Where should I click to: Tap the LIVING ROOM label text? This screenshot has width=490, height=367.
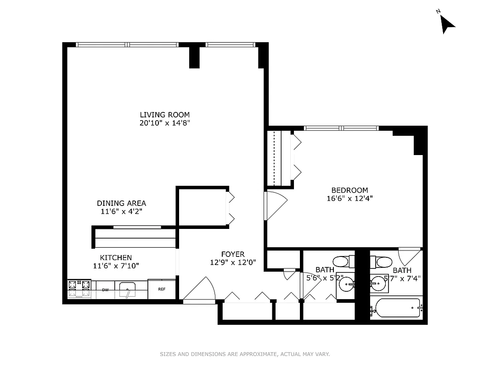point(164,115)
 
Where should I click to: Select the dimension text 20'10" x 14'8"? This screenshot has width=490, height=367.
point(164,123)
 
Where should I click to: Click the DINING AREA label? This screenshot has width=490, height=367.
point(121,203)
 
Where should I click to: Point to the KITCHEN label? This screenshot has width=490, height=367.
point(116,258)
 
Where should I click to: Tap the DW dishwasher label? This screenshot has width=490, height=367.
point(105,290)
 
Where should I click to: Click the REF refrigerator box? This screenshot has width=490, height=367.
point(162,289)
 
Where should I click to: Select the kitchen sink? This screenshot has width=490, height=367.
point(127,290)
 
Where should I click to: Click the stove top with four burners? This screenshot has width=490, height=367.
point(79,289)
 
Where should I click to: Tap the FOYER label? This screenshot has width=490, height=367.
point(233,254)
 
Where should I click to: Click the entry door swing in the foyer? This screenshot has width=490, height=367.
point(202,289)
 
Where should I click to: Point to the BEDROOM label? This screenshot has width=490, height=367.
point(349,190)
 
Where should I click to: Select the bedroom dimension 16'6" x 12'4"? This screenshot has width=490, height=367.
point(349,199)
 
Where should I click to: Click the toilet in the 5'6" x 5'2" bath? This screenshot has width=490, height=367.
point(341,261)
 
